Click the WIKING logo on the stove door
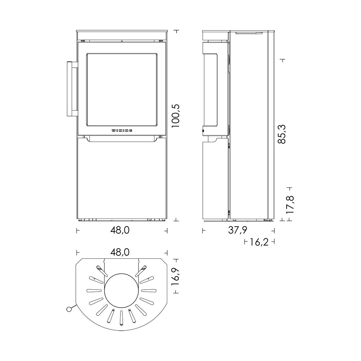(x=122, y=131)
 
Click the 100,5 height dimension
(x=176, y=116)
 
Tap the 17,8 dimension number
(x=290, y=205)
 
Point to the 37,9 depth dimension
(x=237, y=230)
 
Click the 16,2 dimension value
(x=259, y=242)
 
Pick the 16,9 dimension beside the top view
(x=176, y=279)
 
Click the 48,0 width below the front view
(x=120, y=230)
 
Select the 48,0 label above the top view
(x=120, y=252)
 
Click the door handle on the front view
(x=72, y=89)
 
